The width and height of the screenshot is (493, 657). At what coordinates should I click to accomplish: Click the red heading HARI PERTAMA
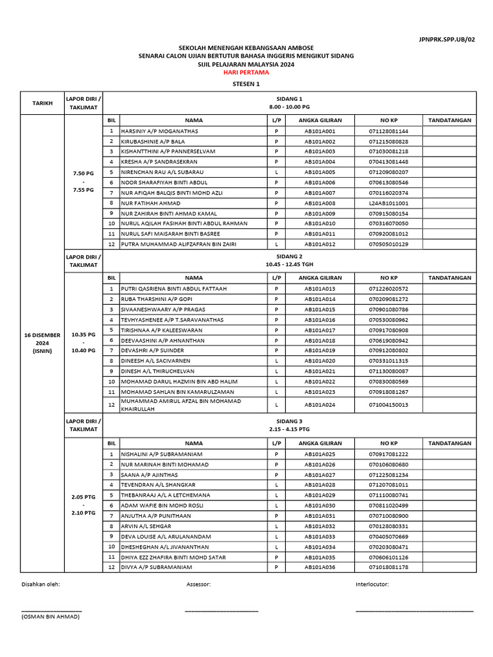(x=246, y=73)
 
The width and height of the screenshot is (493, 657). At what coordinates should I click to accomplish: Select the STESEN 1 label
(x=246, y=84)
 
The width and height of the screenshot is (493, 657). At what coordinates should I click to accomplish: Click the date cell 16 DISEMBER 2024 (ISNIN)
(x=42, y=343)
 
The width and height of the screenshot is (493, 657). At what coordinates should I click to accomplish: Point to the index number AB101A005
(x=320, y=172)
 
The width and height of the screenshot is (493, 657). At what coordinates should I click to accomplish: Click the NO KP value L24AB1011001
(x=388, y=203)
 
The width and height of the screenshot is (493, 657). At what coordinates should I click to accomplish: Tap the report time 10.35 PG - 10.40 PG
(x=83, y=343)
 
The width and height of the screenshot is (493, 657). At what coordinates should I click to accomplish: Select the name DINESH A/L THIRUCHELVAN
(x=159, y=371)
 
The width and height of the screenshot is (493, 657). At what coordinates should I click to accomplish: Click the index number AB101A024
(x=320, y=405)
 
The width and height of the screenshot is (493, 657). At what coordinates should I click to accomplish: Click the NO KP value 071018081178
(x=388, y=567)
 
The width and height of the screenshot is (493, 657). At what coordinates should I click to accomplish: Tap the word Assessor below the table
(x=198, y=585)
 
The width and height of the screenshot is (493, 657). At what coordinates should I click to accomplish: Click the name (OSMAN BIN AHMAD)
(x=51, y=617)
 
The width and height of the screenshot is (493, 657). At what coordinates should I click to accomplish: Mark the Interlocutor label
(x=372, y=585)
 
